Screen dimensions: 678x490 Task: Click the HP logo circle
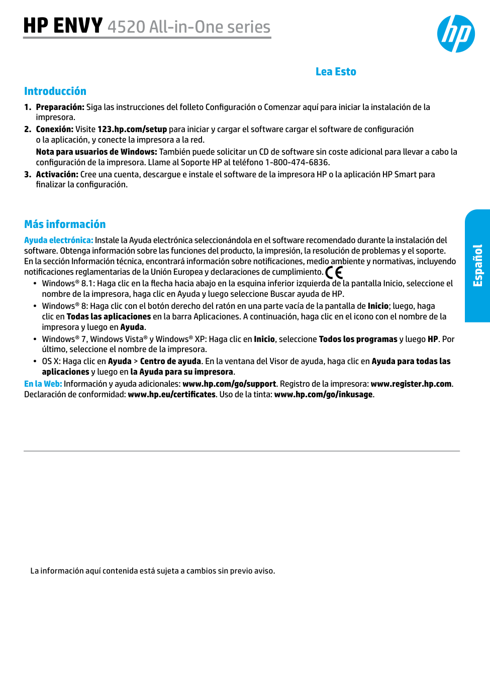tap(456, 34)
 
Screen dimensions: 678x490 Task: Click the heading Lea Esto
tap(336, 72)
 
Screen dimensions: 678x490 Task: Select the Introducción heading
tap(55, 91)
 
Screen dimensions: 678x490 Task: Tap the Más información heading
tap(65, 224)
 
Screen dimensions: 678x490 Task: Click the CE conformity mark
tap(334, 273)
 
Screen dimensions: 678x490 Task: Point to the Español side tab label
tap(477, 266)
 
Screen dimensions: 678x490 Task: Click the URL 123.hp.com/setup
tap(132, 130)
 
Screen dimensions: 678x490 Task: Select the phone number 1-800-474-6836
tap(297, 163)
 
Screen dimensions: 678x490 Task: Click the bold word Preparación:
tap(60, 107)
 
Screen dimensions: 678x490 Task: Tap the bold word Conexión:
tap(54, 130)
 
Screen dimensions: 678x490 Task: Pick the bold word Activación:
tap(57, 175)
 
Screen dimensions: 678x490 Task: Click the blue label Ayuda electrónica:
tap(58, 241)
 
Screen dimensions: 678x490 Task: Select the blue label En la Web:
tap(43, 384)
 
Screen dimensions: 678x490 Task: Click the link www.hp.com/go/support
tap(229, 384)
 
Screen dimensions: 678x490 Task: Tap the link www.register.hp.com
tap(411, 384)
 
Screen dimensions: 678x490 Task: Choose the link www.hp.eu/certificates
tap(172, 395)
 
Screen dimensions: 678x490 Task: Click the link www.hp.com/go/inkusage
tap(323, 395)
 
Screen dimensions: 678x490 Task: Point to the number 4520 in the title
tap(126, 27)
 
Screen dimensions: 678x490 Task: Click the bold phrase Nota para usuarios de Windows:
tap(96, 152)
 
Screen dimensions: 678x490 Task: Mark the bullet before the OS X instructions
tap(35, 362)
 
